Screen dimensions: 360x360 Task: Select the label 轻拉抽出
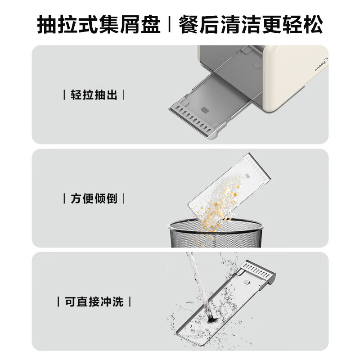(x=94, y=95)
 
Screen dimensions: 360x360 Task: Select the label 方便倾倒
(x=94, y=198)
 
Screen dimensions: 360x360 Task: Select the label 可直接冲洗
(x=94, y=301)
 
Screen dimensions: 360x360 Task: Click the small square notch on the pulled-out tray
(x=205, y=110)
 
